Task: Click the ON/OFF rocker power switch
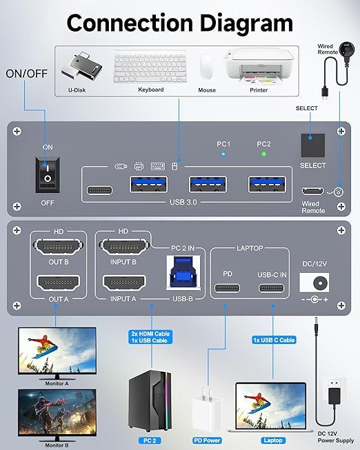tap(47, 173)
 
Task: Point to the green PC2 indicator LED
tap(263, 154)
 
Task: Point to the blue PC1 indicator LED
tap(223, 154)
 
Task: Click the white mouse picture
tap(206, 67)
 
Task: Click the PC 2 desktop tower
tap(150, 407)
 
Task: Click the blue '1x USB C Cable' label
tap(274, 339)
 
